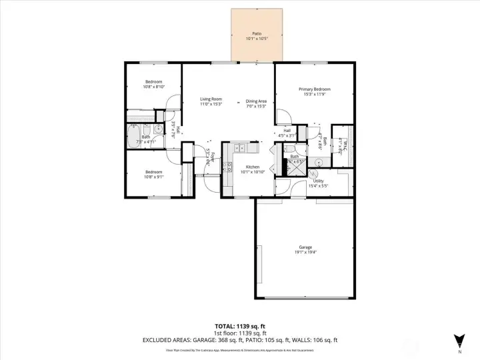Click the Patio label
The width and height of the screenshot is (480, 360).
click(x=257, y=33)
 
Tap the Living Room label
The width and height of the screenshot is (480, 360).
click(x=211, y=99)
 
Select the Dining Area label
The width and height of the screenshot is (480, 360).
click(x=256, y=101)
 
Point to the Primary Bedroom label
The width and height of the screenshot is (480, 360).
click(x=315, y=89)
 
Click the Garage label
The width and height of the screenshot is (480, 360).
click(x=305, y=247)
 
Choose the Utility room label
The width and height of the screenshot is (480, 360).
click(x=319, y=181)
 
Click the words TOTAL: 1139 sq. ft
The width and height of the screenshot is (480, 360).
click(x=240, y=326)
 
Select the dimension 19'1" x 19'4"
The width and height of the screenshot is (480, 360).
click(x=305, y=252)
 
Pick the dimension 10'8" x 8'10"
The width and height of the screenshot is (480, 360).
click(x=153, y=87)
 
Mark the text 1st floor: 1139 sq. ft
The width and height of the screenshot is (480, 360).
click(x=240, y=333)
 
